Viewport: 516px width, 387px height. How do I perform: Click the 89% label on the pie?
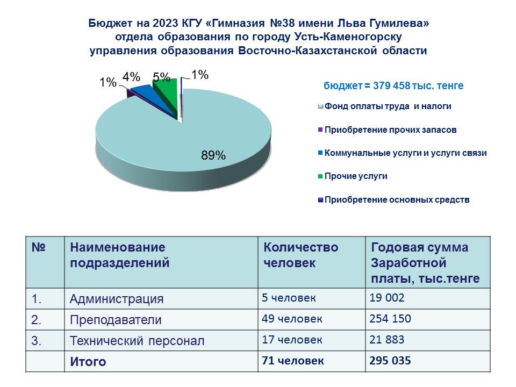pos(213,155)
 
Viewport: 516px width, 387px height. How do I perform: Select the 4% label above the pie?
pos(131,77)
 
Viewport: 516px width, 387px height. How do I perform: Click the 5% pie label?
pos(161,77)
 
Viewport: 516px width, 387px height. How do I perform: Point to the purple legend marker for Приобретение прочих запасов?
pos(320,130)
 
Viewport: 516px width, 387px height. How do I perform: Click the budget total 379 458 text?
pos(391,85)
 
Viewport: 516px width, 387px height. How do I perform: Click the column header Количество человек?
pos(300,255)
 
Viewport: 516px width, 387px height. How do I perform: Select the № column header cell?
pos(45,262)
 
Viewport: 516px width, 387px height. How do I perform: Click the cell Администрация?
pos(117,299)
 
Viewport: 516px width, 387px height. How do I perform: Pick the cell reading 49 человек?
pos(292,319)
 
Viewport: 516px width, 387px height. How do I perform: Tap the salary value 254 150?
pos(390,319)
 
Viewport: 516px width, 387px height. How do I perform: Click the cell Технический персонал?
pos(137,341)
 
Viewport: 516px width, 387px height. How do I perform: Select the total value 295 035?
pos(390,360)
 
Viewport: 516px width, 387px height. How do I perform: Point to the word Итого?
pos(88,362)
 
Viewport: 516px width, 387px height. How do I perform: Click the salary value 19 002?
pos(386,297)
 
